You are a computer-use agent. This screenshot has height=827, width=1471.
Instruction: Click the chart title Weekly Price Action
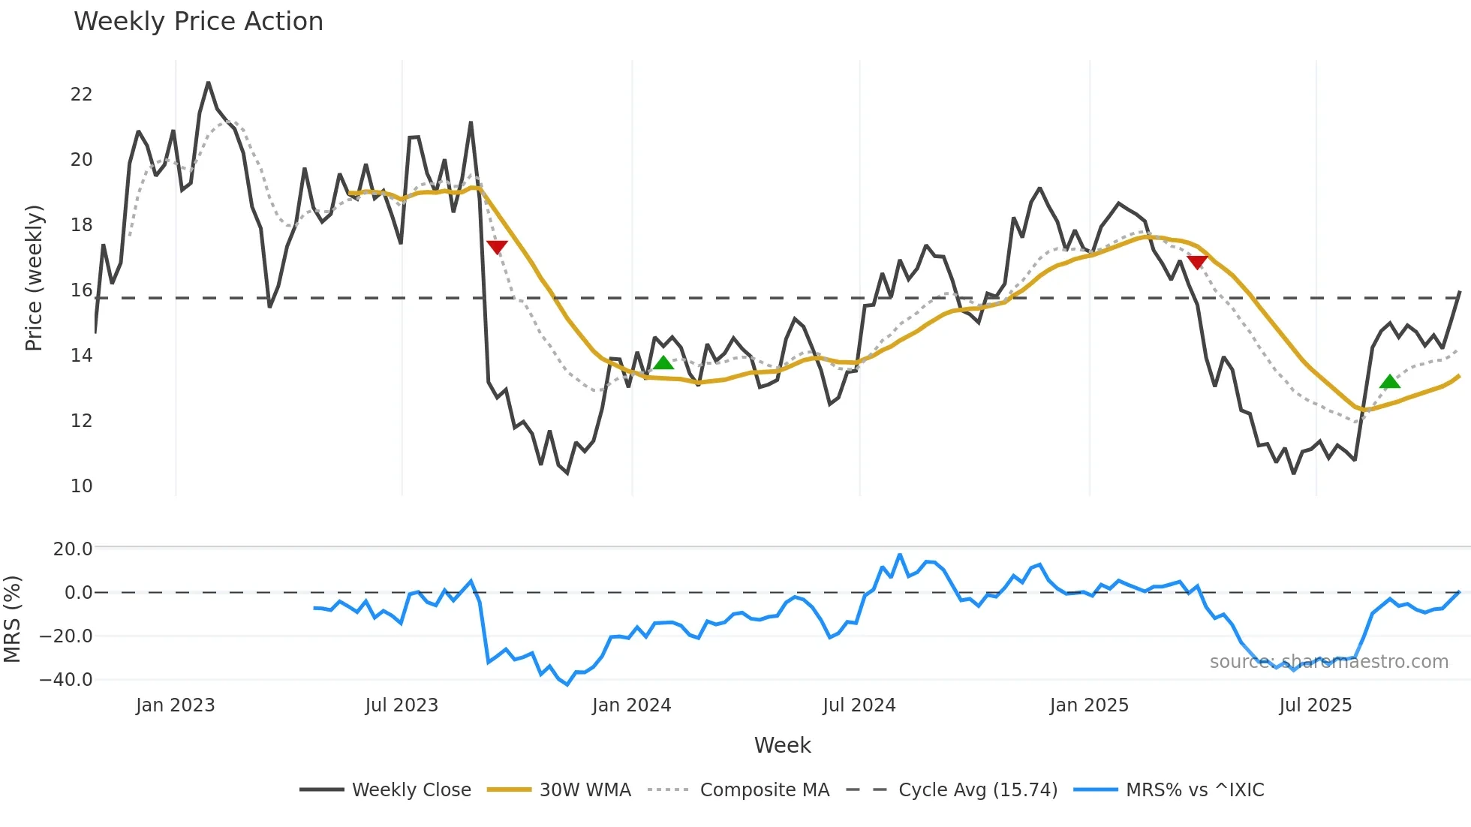(198, 22)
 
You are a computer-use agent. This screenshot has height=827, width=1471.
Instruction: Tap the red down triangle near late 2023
(497, 247)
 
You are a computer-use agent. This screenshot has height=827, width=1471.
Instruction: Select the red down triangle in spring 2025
(1197, 262)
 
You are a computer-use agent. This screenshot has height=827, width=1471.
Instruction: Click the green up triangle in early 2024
(663, 363)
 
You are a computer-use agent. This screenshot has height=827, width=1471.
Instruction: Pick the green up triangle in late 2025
(1390, 382)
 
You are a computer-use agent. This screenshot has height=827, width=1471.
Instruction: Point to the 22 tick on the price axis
(81, 95)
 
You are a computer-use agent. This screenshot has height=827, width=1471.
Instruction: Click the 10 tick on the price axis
(81, 486)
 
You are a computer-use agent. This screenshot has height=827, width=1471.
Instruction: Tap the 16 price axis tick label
(81, 290)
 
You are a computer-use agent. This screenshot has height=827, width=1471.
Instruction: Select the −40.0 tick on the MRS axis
(66, 680)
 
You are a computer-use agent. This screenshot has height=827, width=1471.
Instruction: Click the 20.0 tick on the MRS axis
(73, 549)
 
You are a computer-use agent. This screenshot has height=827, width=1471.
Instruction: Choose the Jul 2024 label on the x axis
(859, 705)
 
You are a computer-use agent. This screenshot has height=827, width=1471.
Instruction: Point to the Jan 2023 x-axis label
(176, 705)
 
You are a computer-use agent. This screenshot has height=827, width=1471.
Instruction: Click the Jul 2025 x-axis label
(1316, 705)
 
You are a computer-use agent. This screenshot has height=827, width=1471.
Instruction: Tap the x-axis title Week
(782, 745)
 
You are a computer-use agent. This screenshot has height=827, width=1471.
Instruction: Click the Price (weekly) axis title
(35, 278)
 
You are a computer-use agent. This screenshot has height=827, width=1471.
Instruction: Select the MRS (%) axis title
(13, 619)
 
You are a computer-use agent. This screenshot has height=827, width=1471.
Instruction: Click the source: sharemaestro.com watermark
(1328, 662)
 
